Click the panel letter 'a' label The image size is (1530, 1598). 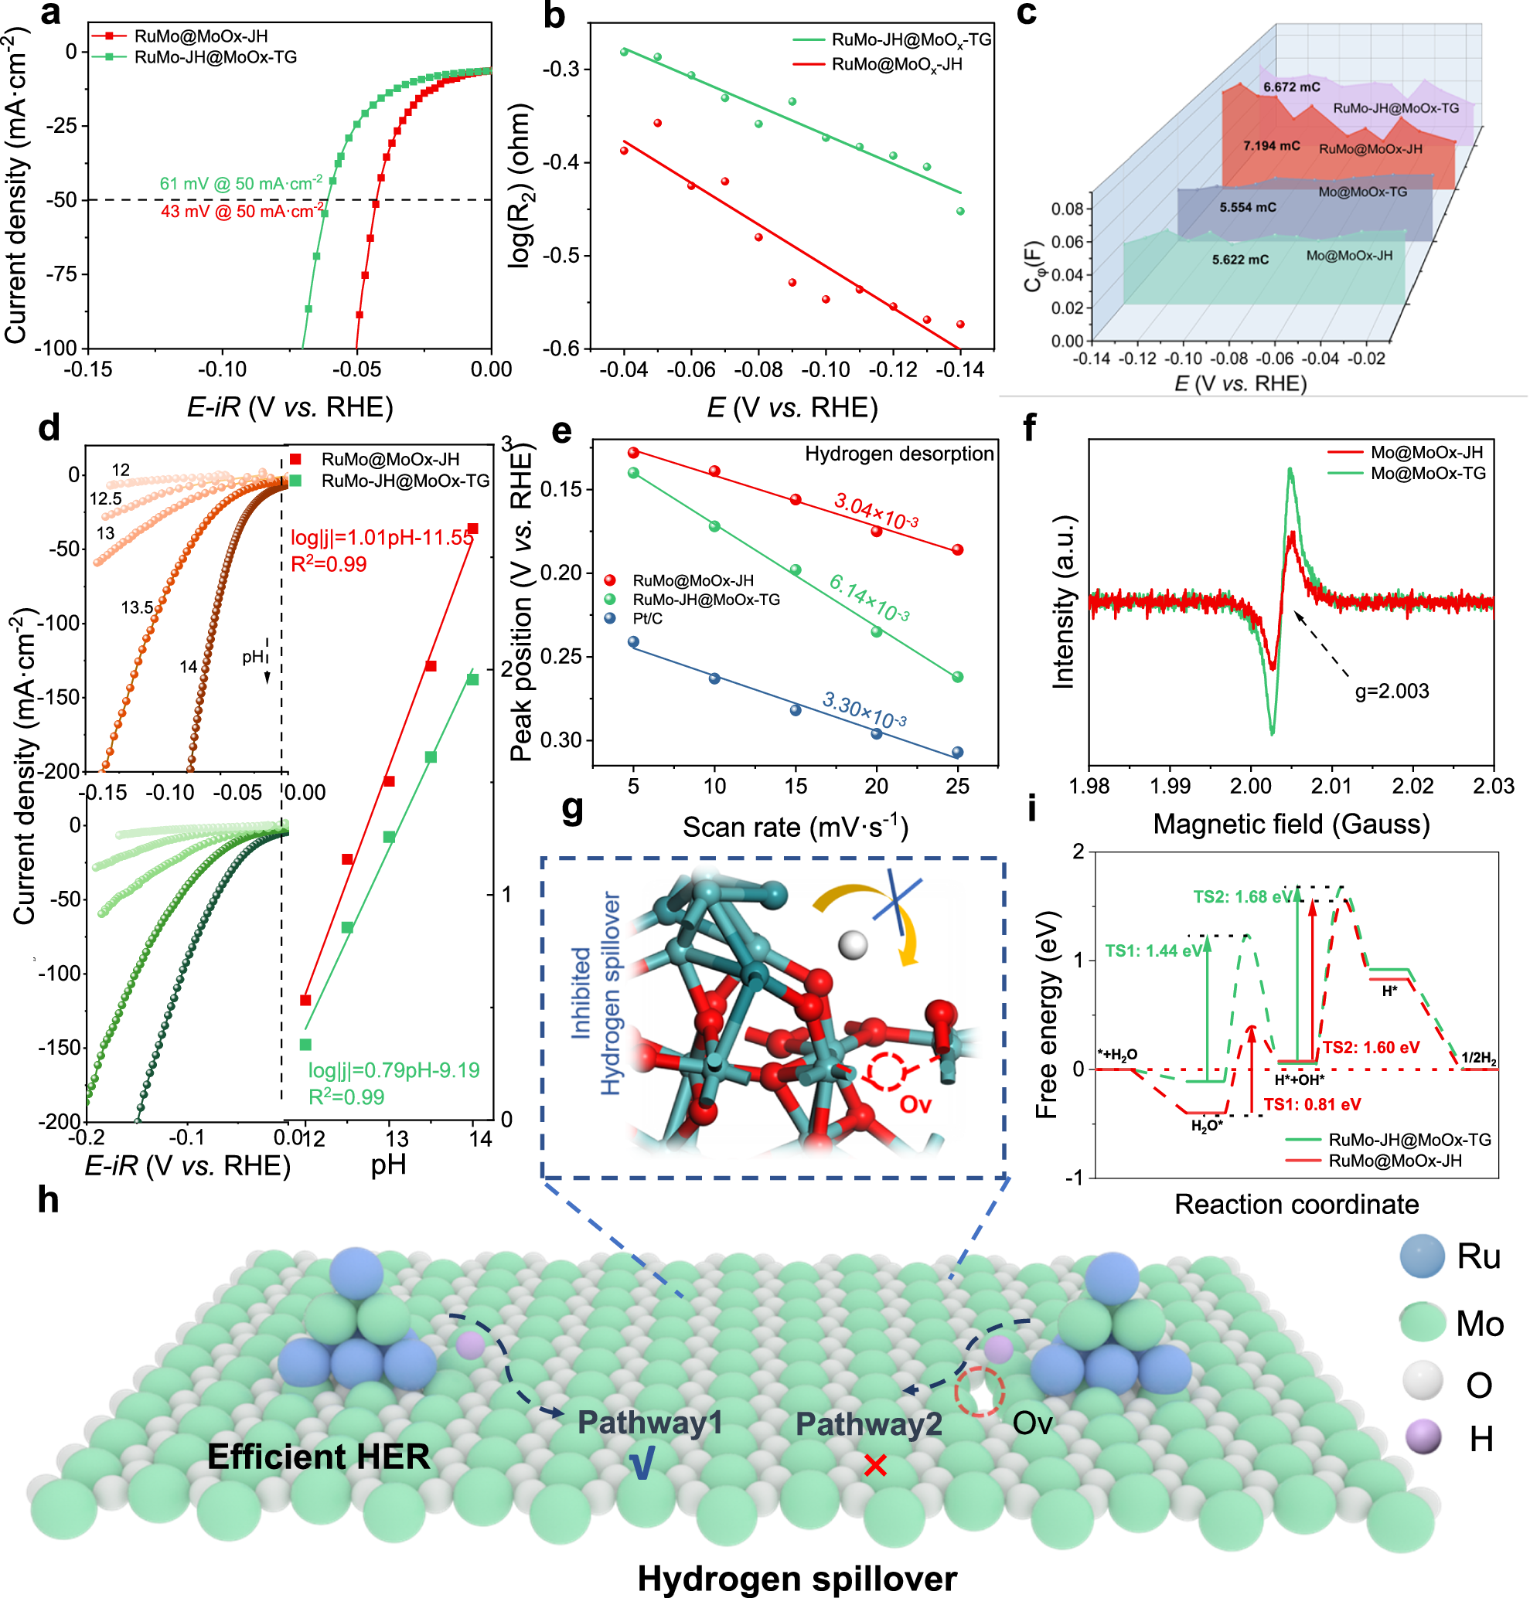[x=50, y=14]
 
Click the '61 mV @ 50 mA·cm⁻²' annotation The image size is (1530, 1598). [x=240, y=183]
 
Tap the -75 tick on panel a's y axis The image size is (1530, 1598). [x=62, y=274]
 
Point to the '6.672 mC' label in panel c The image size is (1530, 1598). [x=1291, y=87]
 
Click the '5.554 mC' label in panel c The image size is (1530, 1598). [x=1248, y=208]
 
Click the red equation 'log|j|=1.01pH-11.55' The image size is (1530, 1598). [x=382, y=537]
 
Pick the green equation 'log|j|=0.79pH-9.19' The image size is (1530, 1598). [x=393, y=1070]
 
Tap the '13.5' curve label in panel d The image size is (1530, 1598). [x=137, y=607]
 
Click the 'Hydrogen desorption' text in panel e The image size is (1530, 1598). [x=899, y=454]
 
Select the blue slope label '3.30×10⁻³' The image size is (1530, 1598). [x=864, y=709]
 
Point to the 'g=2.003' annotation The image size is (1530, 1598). [x=1392, y=692]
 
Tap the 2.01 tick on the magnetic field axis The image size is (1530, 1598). [x=1331, y=786]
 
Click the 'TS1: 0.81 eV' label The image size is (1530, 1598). [x=1311, y=1105]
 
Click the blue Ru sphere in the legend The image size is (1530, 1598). [x=1423, y=1256]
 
